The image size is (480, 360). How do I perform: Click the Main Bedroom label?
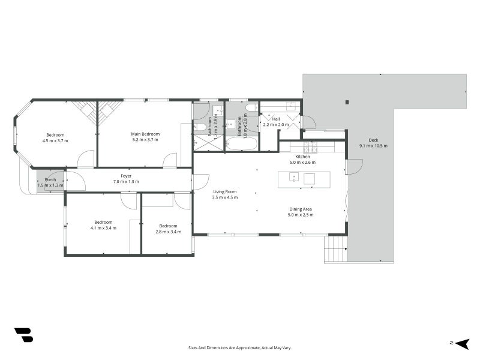[145, 134]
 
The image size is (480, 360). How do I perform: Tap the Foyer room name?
[126, 176]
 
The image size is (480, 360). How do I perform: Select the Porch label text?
[50, 179]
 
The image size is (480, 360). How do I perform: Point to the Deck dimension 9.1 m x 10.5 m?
[373, 146]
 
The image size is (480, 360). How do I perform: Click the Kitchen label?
[302, 156]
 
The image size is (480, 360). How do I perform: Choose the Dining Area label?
[299, 209]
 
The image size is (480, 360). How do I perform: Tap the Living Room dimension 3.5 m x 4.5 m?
[225, 197]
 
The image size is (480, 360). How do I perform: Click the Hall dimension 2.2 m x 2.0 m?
[275, 125]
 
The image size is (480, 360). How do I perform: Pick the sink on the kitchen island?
[294, 177]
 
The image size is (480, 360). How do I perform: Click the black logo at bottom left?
[23, 335]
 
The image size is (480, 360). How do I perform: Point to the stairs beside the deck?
[336, 248]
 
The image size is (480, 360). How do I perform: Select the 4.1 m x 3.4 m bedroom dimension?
[103, 228]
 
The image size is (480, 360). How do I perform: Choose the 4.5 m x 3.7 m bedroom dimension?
[55, 140]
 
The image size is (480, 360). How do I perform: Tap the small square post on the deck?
[347, 102]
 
